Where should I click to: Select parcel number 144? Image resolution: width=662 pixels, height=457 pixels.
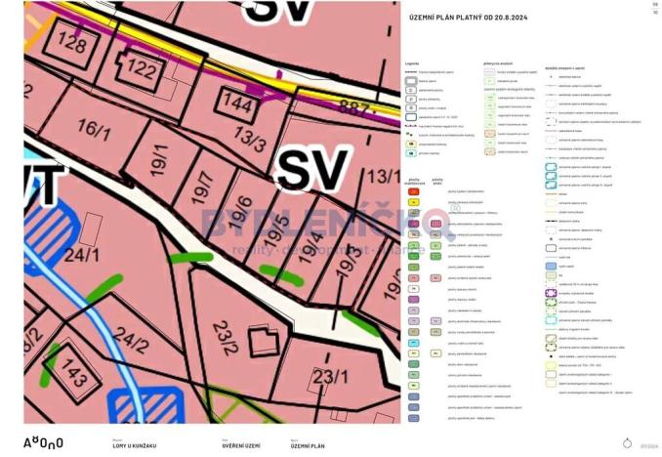pyautogui.click(x=236, y=101)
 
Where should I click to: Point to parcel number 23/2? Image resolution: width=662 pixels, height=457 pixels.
pyautogui.click(x=225, y=339)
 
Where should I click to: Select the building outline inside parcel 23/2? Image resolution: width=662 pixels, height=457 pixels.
pyautogui.click(x=262, y=342)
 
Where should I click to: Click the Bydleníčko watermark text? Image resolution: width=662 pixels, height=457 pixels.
pyautogui.click(x=322, y=223)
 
